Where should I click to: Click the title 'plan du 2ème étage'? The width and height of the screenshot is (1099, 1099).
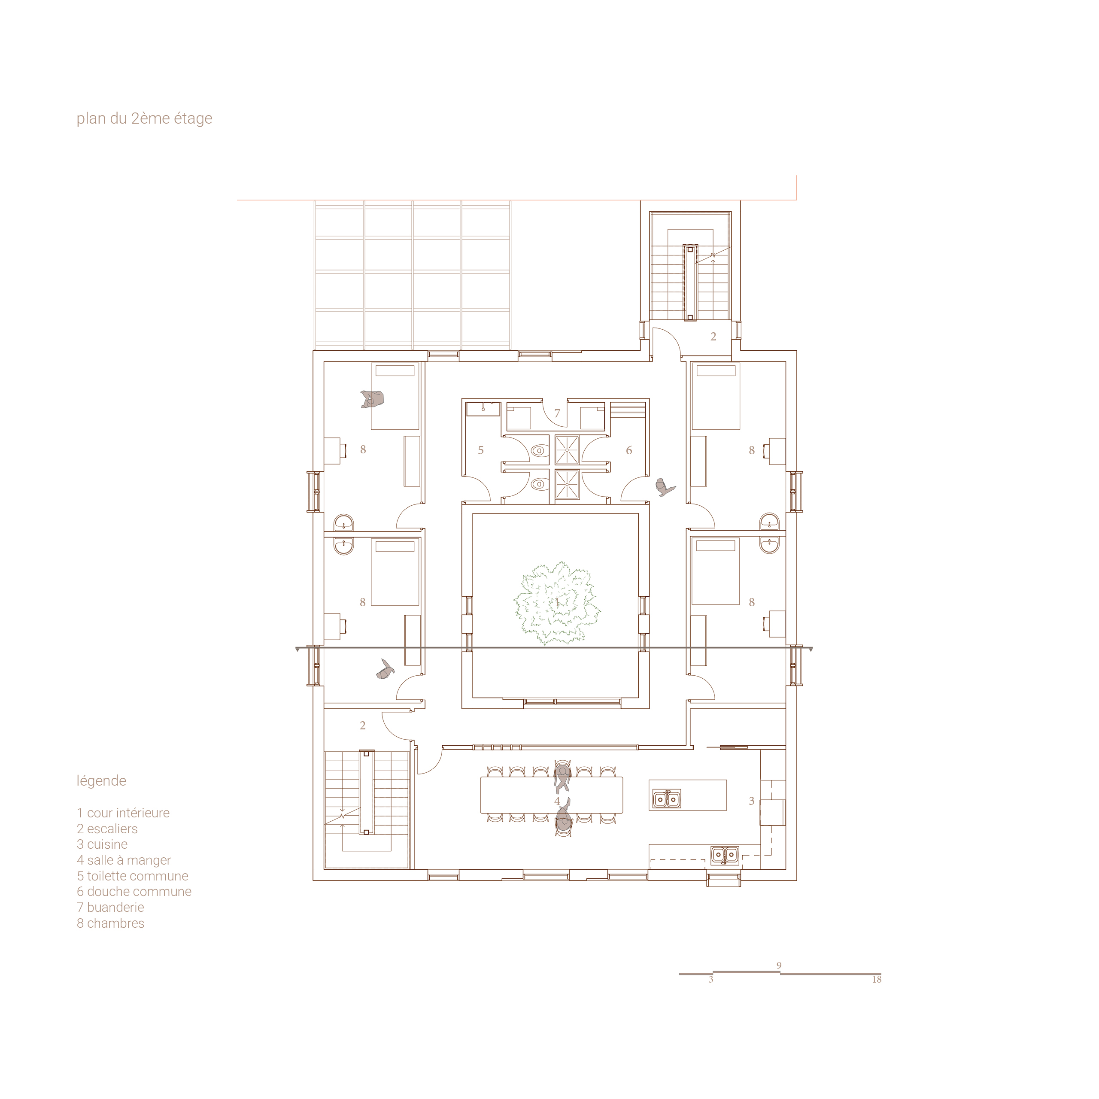point(145,118)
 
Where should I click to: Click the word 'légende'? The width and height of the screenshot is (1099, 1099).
point(101,781)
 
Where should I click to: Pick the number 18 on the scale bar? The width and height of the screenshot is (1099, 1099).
point(877,980)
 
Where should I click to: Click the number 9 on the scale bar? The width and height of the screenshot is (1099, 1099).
point(779,965)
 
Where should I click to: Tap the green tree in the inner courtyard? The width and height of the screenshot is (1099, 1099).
point(557,603)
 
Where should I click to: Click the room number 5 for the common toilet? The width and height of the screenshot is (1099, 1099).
point(481,450)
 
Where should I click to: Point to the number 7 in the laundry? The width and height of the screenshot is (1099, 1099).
point(558,413)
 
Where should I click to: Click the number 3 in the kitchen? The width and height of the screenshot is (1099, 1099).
point(751,801)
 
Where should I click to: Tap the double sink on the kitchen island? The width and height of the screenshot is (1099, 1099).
point(666,799)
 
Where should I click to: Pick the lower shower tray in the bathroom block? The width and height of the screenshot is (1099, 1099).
point(567,484)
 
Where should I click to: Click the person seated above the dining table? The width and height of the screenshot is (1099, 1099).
point(562,777)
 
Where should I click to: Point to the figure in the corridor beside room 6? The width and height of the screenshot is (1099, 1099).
point(665,487)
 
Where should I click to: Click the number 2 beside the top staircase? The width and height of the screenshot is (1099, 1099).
point(713,337)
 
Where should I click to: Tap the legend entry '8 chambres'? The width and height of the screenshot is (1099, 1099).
point(110,923)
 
